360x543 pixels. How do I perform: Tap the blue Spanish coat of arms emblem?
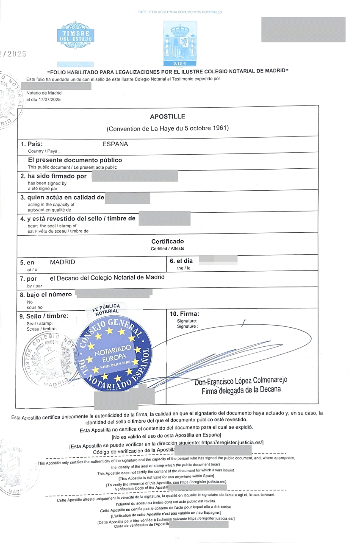(180, 42)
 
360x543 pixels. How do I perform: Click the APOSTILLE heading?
(167, 117)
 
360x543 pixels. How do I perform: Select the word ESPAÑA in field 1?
(115, 144)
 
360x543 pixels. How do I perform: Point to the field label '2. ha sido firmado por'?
(54, 176)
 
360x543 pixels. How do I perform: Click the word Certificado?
(167, 241)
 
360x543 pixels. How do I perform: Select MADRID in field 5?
(62, 262)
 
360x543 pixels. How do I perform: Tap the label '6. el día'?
(181, 261)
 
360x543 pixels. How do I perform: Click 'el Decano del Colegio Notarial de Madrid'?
(107, 278)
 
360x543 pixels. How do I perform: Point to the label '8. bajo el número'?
(46, 294)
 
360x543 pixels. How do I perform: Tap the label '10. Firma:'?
(184, 314)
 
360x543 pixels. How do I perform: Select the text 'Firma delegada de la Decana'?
(241, 390)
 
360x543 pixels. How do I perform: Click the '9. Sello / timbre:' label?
(44, 316)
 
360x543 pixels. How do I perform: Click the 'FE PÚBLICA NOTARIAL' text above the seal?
(106, 309)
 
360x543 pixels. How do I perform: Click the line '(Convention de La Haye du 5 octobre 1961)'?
(168, 128)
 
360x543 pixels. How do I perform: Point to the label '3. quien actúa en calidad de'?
(62, 198)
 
